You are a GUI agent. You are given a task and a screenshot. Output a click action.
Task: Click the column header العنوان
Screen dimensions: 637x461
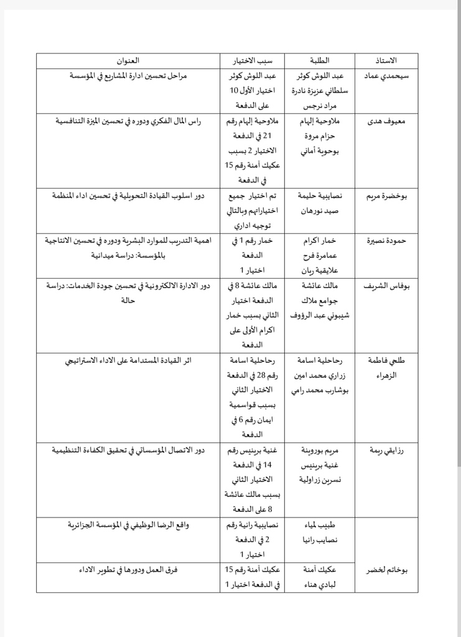click(129, 60)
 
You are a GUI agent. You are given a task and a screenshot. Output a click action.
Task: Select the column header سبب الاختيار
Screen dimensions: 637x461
click(252, 60)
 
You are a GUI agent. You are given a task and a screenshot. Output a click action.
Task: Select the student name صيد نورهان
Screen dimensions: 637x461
click(323, 212)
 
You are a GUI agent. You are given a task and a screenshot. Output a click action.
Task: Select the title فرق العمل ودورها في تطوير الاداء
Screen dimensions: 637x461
click(129, 570)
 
